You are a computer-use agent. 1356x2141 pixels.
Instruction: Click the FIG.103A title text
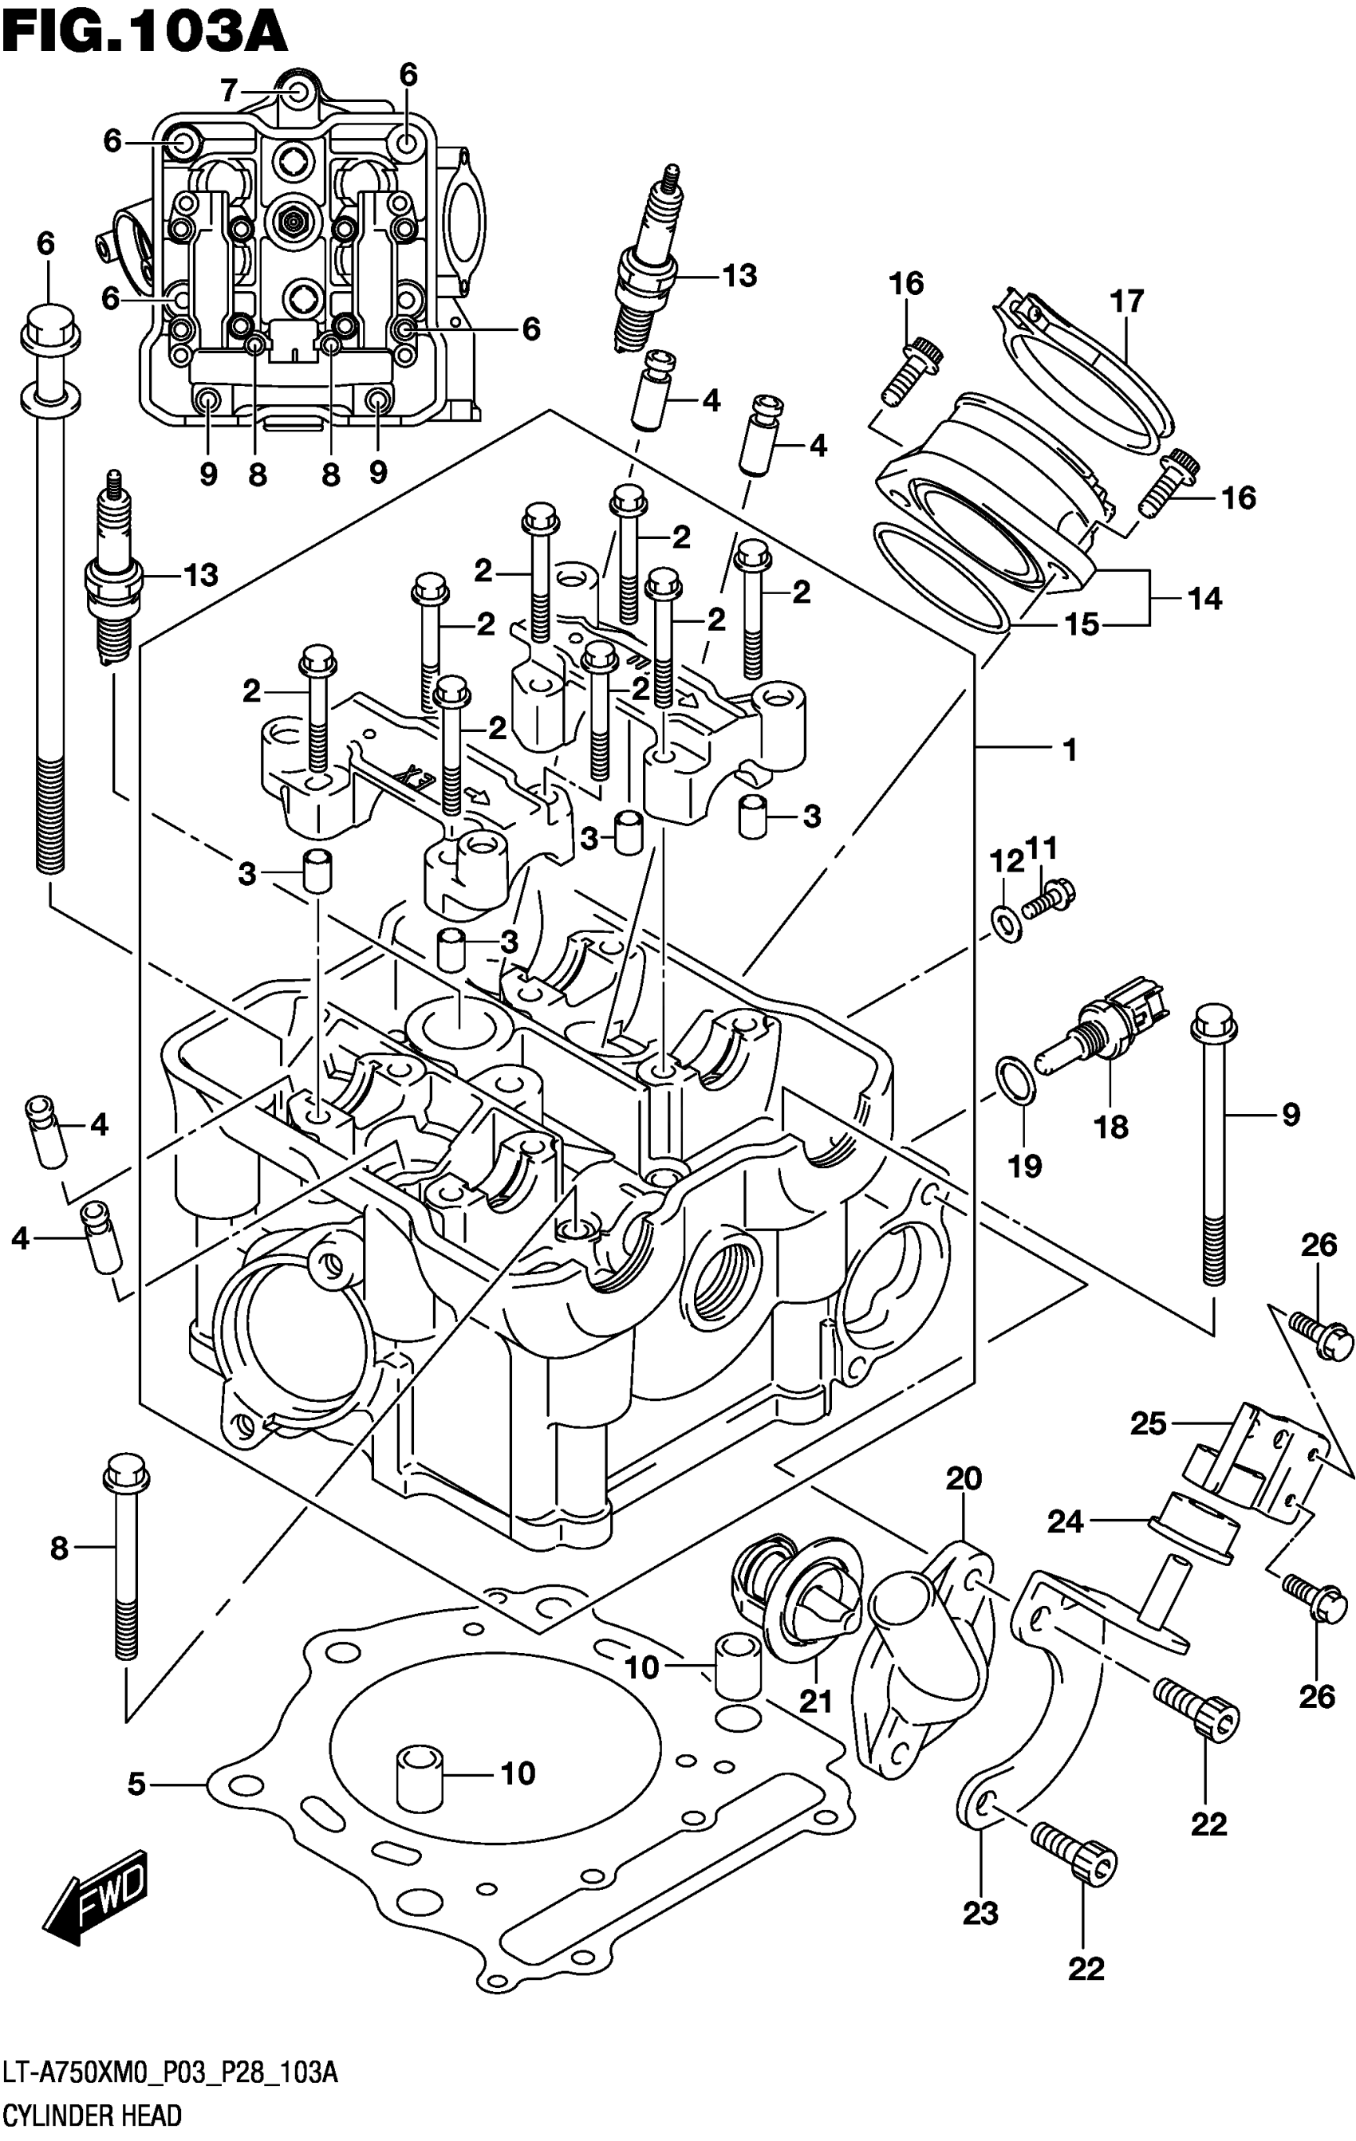[144, 33]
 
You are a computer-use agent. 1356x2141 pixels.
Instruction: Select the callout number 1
[1070, 750]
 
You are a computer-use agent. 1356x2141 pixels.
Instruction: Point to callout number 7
[228, 91]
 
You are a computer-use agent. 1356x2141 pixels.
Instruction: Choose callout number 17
[1126, 301]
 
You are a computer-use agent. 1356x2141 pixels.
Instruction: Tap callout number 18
[1110, 1127]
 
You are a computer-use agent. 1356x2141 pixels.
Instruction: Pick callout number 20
[963, 1478]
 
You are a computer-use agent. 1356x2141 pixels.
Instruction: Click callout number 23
[980, 1912]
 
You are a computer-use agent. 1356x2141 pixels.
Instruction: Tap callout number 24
[1064, 1521]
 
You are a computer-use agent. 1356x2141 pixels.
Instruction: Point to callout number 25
[1147, 1423]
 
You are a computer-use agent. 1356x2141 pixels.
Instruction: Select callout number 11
[1041, 848]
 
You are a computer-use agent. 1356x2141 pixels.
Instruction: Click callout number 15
[1082, 625]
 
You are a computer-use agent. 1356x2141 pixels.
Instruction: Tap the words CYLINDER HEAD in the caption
[92, 2113]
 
